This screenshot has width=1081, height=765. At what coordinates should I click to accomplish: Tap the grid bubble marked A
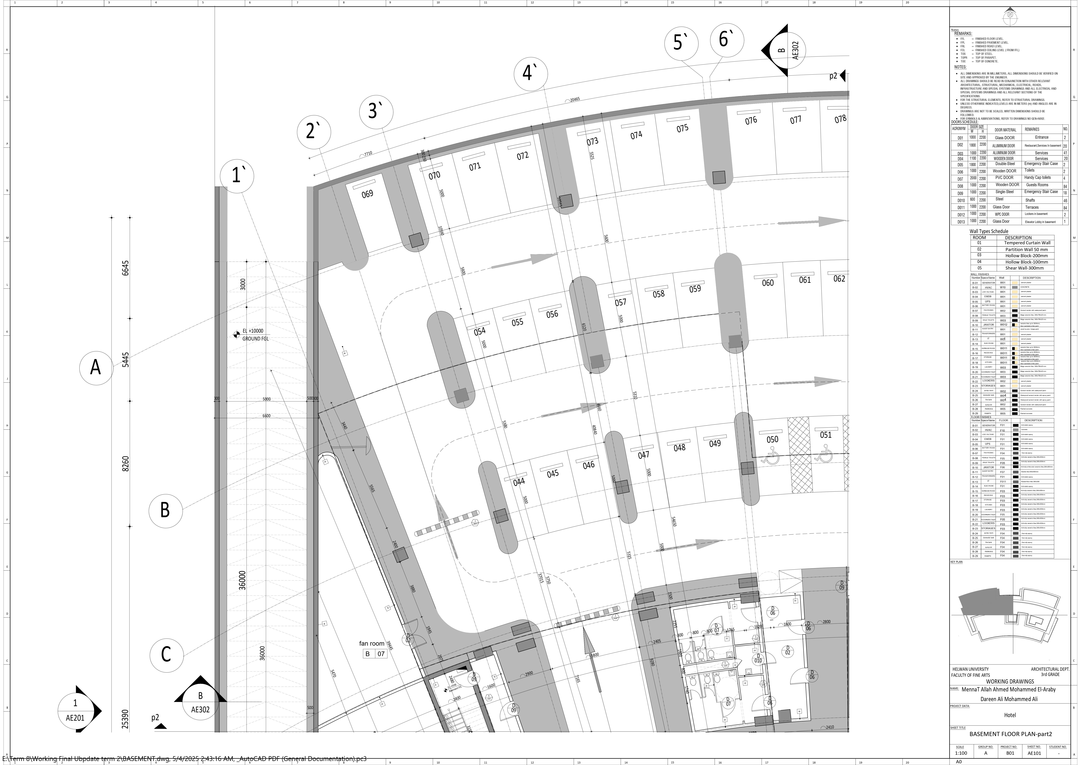[x=96, y=367]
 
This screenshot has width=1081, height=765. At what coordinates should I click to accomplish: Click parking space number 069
[x=367, y=194]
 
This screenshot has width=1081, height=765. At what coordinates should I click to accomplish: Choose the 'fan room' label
[x=372, y=643]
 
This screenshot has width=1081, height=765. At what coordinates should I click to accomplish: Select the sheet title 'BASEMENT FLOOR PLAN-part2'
[x=1010, y=734]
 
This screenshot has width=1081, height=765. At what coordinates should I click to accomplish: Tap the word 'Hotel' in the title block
[x=1010, y=715]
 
